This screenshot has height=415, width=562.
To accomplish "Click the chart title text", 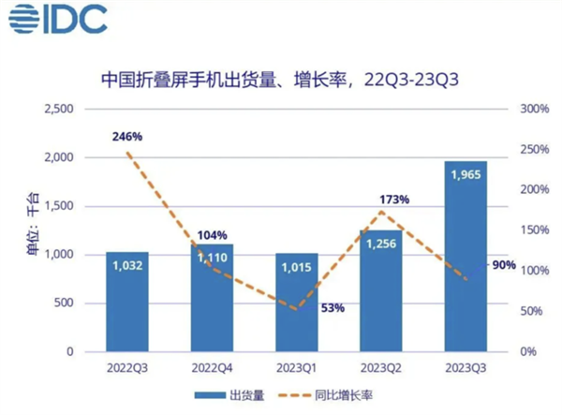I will coord(281,80).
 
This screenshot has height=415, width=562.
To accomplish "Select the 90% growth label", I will coord(504,265).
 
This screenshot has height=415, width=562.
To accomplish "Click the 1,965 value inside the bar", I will coord(466,175).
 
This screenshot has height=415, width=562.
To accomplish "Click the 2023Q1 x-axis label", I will coord(297,369).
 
